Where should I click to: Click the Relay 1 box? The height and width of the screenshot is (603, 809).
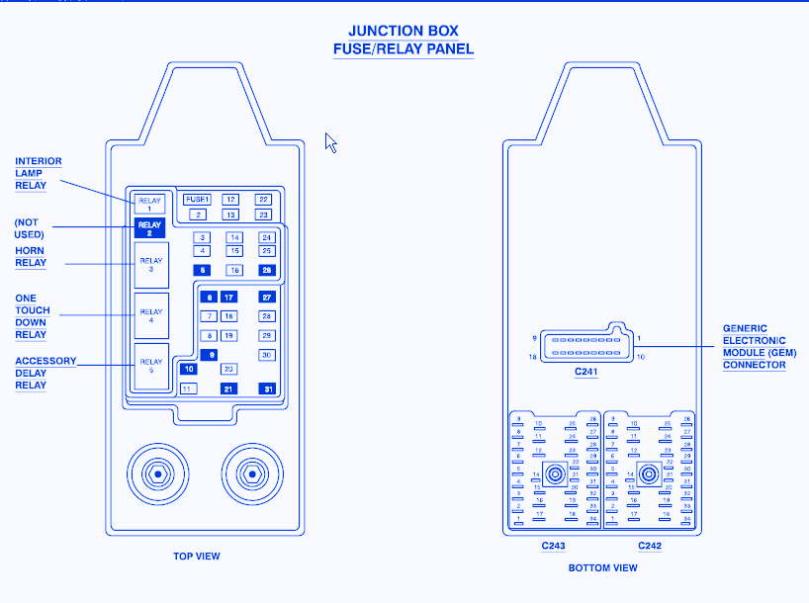click(149, 205)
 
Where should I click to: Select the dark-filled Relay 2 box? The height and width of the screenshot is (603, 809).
click(149, 229)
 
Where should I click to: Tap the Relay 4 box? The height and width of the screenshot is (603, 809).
click(151, 316)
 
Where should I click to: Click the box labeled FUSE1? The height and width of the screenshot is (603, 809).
click(198, 200)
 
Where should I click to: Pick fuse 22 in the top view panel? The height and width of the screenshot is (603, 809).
click(263, 200)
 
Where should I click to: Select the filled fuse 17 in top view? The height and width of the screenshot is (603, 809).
click(228, 298)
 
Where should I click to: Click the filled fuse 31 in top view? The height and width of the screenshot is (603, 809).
click(266, 388)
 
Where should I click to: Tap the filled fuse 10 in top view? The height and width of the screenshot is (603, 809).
click(188, 369)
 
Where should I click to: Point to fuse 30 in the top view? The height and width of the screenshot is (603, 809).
click(266, 354)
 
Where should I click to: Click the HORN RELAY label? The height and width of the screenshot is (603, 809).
click(31, 257)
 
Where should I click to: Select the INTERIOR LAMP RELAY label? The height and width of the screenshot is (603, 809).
click(39, 173)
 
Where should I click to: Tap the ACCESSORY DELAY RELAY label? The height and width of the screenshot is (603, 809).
click(45, 373)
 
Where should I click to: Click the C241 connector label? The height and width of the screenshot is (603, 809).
click(586, 373)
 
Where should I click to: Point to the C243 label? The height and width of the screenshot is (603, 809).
click(553, 545)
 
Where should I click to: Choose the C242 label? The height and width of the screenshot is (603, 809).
click(649, 545)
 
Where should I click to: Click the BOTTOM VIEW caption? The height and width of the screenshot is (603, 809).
click(602, 568)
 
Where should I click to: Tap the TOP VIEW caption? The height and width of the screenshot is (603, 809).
click(197, 557)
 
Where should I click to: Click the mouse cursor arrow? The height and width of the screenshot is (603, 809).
click(330, 142)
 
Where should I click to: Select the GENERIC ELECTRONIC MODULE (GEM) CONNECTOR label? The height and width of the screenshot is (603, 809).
click(759, 346)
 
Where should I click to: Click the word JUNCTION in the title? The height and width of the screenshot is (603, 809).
click(381, 31)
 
